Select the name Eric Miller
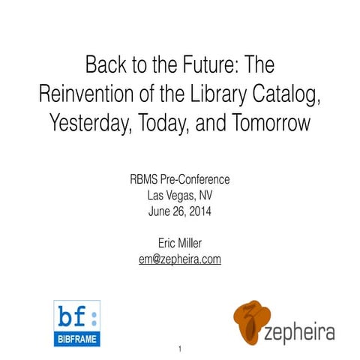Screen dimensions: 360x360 [180, 243]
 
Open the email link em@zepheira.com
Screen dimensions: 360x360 [180, 259]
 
